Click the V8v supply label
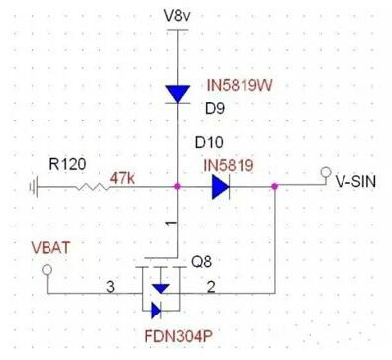pos(177,15)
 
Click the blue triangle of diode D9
pos(178,94)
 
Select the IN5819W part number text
pos(240,85)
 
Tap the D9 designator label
pos(215,108)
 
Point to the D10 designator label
pos(209,142)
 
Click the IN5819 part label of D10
pos(229,165)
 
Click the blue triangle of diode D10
pos(220,187)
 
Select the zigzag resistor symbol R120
pos(93,187)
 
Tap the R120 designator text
pos(67,164)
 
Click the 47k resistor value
pos(122,178)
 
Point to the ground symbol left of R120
pos(34,187)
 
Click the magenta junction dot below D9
pos(178,187)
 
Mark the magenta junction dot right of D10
pos(275,187)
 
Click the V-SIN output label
pos(355,181)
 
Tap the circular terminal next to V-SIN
pos(326,172)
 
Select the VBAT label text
pos(51,248)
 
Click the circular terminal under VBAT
pos(47,270)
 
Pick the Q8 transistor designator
pos(201,262)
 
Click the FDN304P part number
pos(178,336)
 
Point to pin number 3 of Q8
pos(110,287)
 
